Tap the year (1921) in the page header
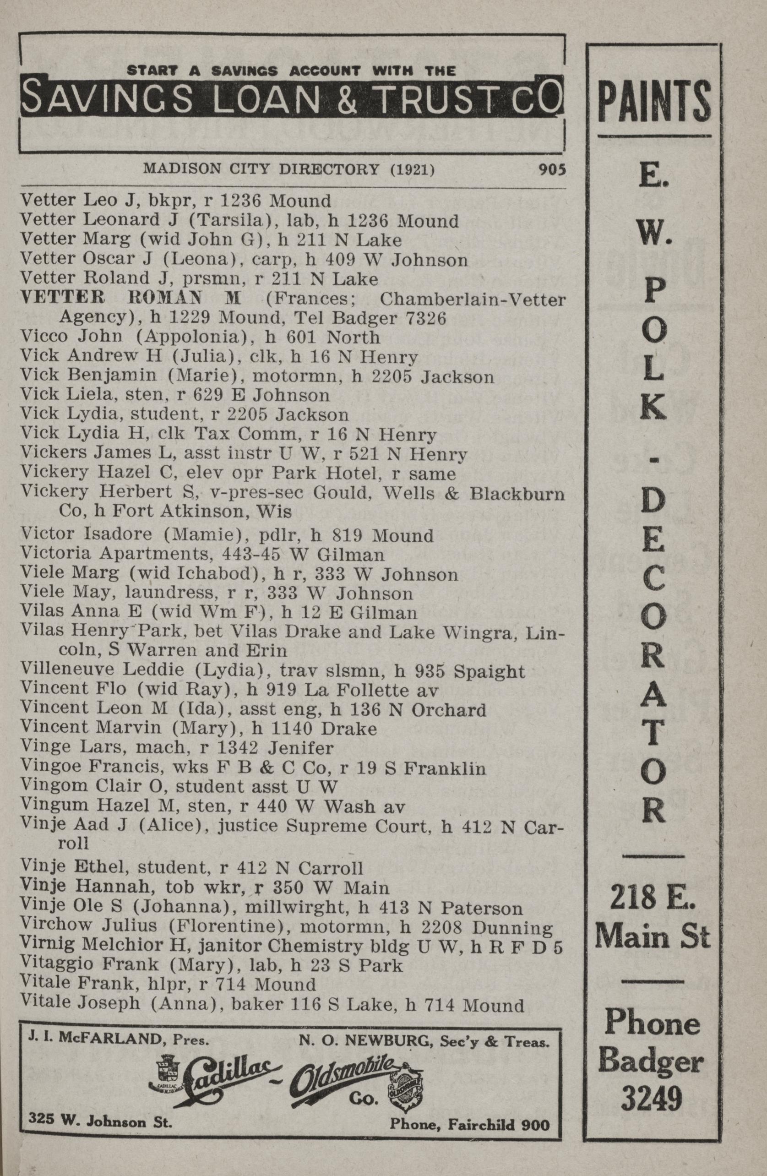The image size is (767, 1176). [413, 169]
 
